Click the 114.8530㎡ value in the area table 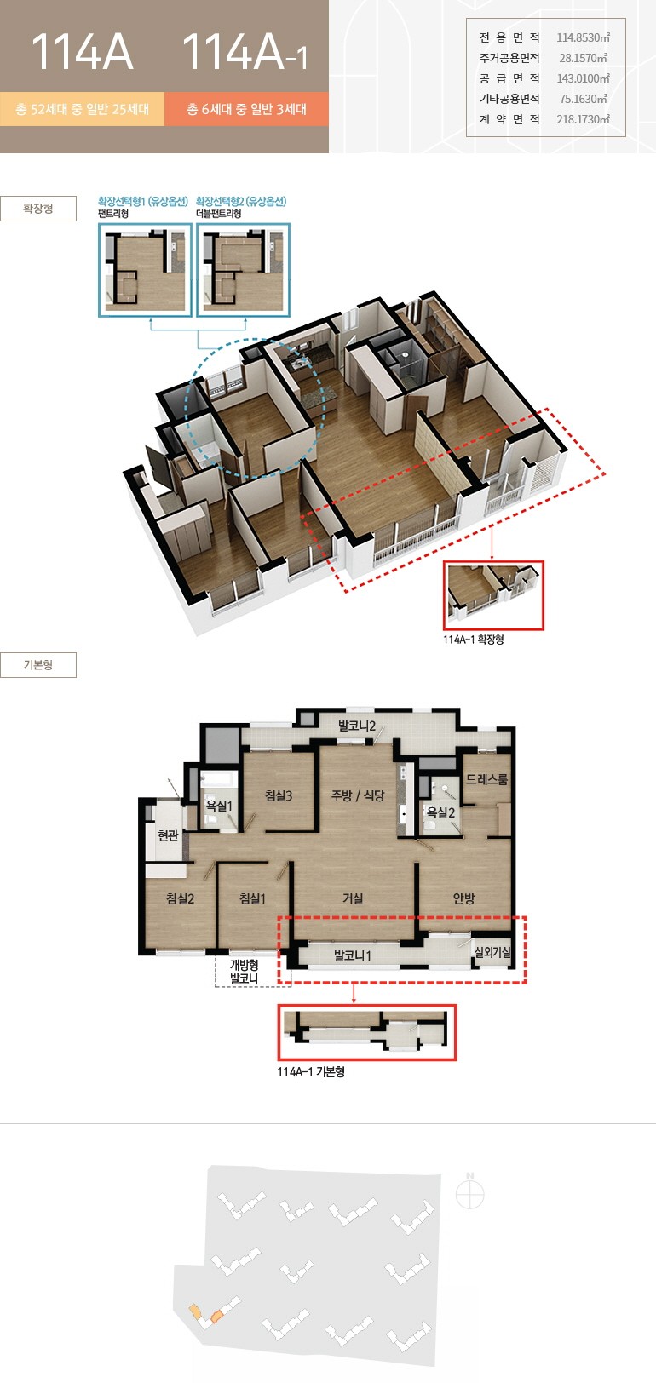[x=583, y=37]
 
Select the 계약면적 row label [x=509, y=119]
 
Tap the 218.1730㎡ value [x=583, y=119]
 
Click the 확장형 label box [x=38, y=208]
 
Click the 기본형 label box [x=38, y=665]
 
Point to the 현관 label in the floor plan [x=168, y=835]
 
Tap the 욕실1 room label [x=219, y=806]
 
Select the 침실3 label [x=279, y=796]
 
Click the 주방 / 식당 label [x=358, y=796]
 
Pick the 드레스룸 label [x=486, y=779]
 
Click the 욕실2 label [x=440, y=812]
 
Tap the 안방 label [x=464, y=899]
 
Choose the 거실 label [x=353, y=899]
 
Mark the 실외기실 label [x=492, y=952]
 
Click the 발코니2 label [x=356, y=726]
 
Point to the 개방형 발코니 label [x=244, y=972]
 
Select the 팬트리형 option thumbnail [x=145, y=271]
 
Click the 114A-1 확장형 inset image [x=493, y=596]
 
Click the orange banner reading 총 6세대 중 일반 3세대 [x=246, y=109]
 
